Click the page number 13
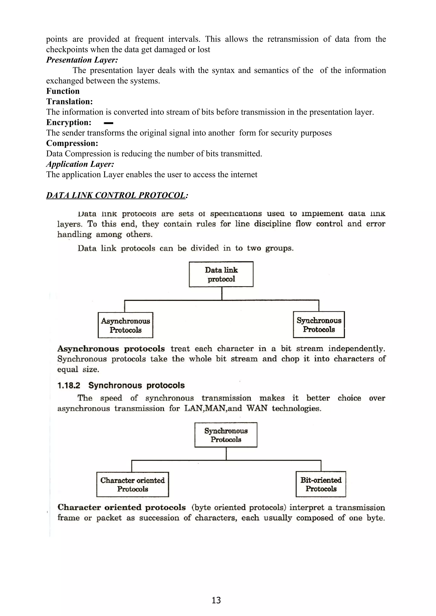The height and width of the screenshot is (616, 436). pyautogui.click(x=216, y=600)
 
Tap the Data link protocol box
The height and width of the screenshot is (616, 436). pyautogui.click(x=221, y=274)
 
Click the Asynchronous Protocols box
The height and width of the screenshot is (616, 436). pyautogui.click(x=125, y=325)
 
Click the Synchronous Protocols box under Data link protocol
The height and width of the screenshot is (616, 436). pyautogui.click(x=319, y=325)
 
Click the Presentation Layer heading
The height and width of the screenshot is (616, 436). pyautogui.click(x=82, y=60)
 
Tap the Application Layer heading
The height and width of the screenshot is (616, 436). pyautogui.click(x=80, y=164)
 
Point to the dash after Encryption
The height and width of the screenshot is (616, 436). pyautogui.click(x=108, y=123)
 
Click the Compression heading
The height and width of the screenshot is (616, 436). pyautogui.click(x=72, y=143)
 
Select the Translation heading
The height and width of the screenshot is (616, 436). pyautogui.click(x=69, y=102)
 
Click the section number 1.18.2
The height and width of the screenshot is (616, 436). pyautogui.click(x=69, y=386)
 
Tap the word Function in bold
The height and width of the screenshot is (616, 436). pyautogui.click(x=63, y=91)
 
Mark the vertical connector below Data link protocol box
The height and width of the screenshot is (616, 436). pyautogui.click(x=222, y=293)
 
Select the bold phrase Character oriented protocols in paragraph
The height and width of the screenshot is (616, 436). pyautogui.click(x=121, y=507)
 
